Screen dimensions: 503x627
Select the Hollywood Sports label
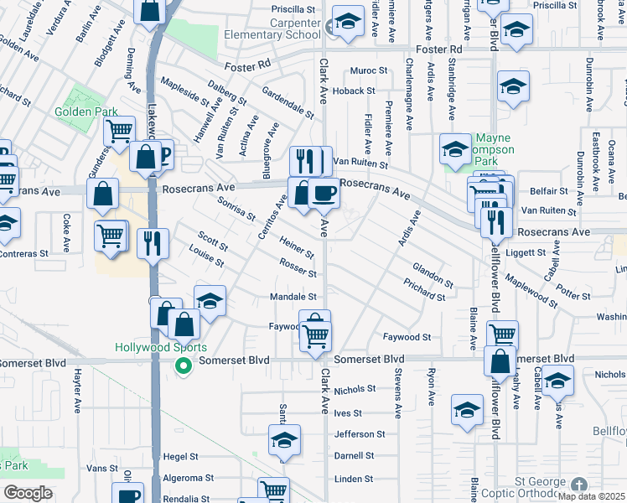coord(160,347)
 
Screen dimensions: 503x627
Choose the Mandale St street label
coord(293,297)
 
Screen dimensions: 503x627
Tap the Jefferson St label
coord(359,434)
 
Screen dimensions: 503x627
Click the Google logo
coord(28,493)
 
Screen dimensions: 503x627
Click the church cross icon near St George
coord(578,485)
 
